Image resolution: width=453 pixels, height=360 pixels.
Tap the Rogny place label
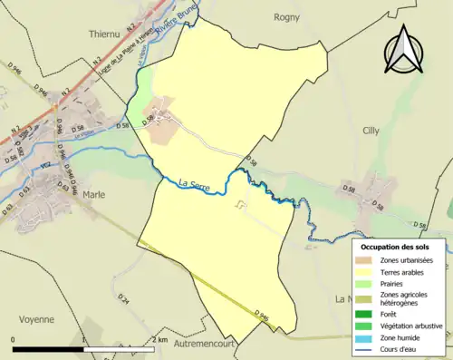tap(286, 15)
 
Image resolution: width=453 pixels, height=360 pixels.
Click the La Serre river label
tap(194, 183)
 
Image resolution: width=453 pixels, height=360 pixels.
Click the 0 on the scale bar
tap(14, 340)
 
